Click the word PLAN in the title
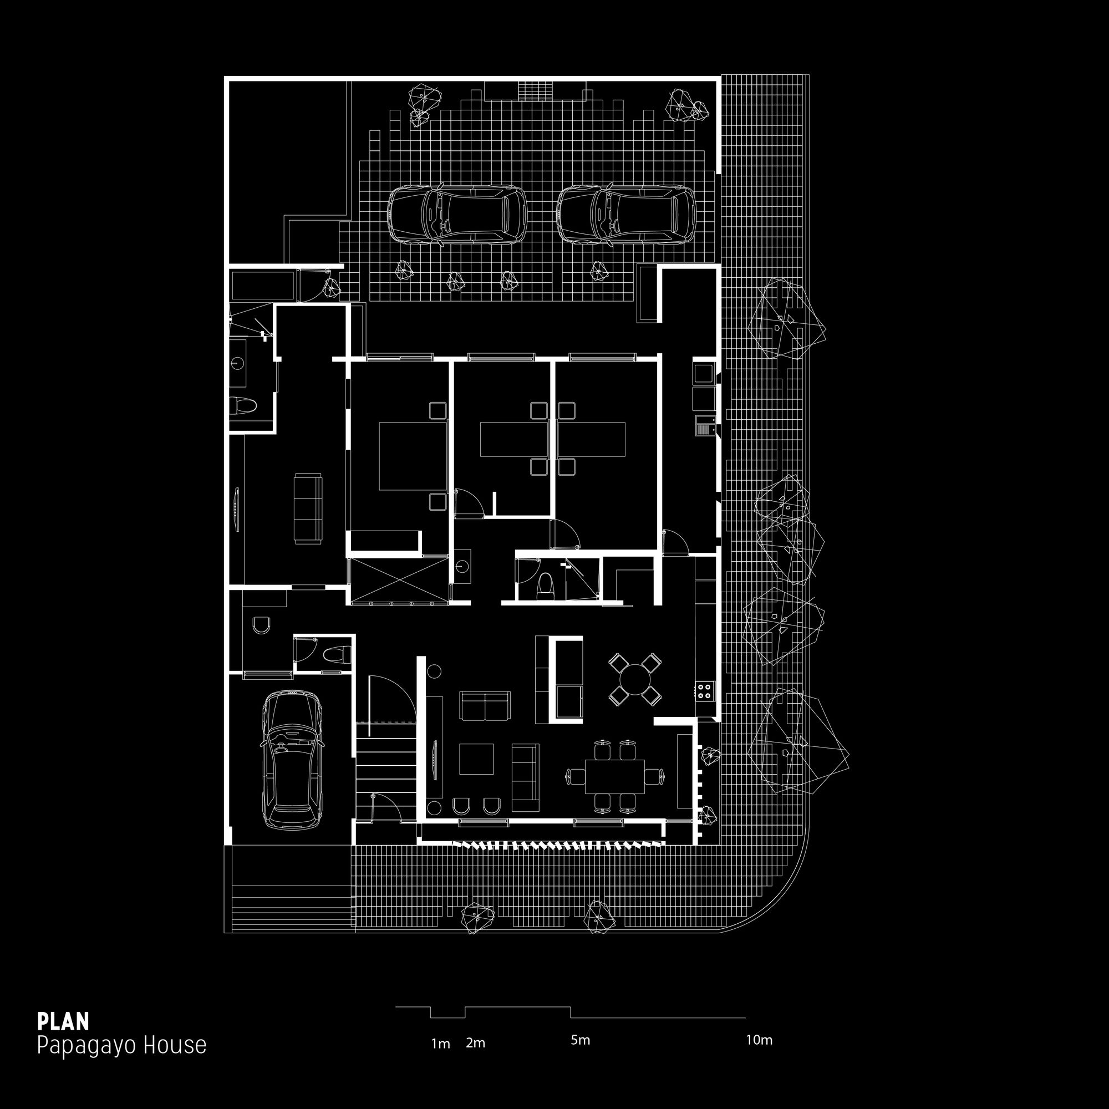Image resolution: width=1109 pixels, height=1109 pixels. [63, 1021]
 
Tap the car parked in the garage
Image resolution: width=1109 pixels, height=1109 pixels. [292, 760]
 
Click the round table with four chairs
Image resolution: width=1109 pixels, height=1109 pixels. [634, 680]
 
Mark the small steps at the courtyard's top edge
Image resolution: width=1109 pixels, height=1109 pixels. [535, 91]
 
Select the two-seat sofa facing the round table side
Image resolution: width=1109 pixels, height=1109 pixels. [485, 706]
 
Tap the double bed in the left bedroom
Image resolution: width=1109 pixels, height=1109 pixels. [412, 456]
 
